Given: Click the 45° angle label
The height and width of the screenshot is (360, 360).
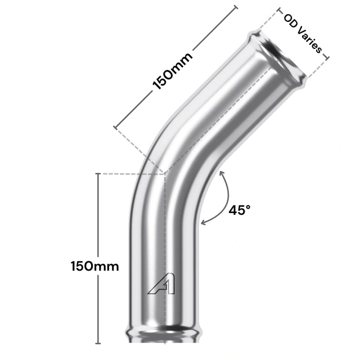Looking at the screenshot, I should (240, 210).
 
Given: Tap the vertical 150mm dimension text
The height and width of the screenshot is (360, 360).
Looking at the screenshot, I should (95, 266).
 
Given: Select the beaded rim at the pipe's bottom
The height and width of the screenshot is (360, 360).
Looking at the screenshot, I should (164, 336).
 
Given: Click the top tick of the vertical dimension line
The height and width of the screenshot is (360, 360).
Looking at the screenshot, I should (99, 174).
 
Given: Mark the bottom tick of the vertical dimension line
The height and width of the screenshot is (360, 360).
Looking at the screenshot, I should (99, 343).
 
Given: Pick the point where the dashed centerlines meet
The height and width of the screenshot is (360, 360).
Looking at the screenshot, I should (164, 173).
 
